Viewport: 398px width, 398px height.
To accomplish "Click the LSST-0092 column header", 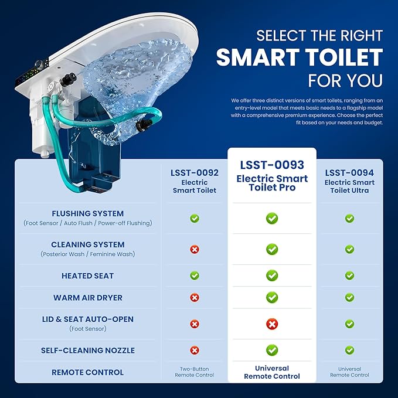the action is [x=195, y=181].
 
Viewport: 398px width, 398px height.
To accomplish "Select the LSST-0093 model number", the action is [x=272, y=165].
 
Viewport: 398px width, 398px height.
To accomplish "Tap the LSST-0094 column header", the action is [x=349, y=181].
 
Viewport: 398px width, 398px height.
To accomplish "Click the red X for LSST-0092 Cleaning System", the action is [x=195, y=250].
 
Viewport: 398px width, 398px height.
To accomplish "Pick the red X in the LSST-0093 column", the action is [x=272, y=324].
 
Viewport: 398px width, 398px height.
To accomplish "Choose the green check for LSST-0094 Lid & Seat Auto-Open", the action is [x=349, y=324].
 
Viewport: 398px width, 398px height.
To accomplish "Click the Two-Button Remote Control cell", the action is [x=195, y=372].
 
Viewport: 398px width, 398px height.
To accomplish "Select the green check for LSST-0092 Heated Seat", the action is [x=195, y=275].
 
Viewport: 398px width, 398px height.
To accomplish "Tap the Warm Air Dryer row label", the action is [x=88, y=298].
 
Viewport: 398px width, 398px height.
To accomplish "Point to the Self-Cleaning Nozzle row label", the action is [x=88, y=351].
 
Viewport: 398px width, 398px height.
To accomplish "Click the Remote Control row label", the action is [x=88, y=372].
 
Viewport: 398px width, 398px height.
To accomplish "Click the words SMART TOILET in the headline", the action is [x=300, y=57].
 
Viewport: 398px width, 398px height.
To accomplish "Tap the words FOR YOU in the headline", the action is [x=345, y=81].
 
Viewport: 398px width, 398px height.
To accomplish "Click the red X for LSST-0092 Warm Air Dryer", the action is [x=195, y=298].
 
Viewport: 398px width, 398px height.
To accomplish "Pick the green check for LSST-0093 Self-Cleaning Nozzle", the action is [x=272, y=351].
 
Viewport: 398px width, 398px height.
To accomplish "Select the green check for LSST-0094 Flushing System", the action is [x=349, y=218].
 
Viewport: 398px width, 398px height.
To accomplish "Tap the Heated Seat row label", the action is [x=88, y=275].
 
